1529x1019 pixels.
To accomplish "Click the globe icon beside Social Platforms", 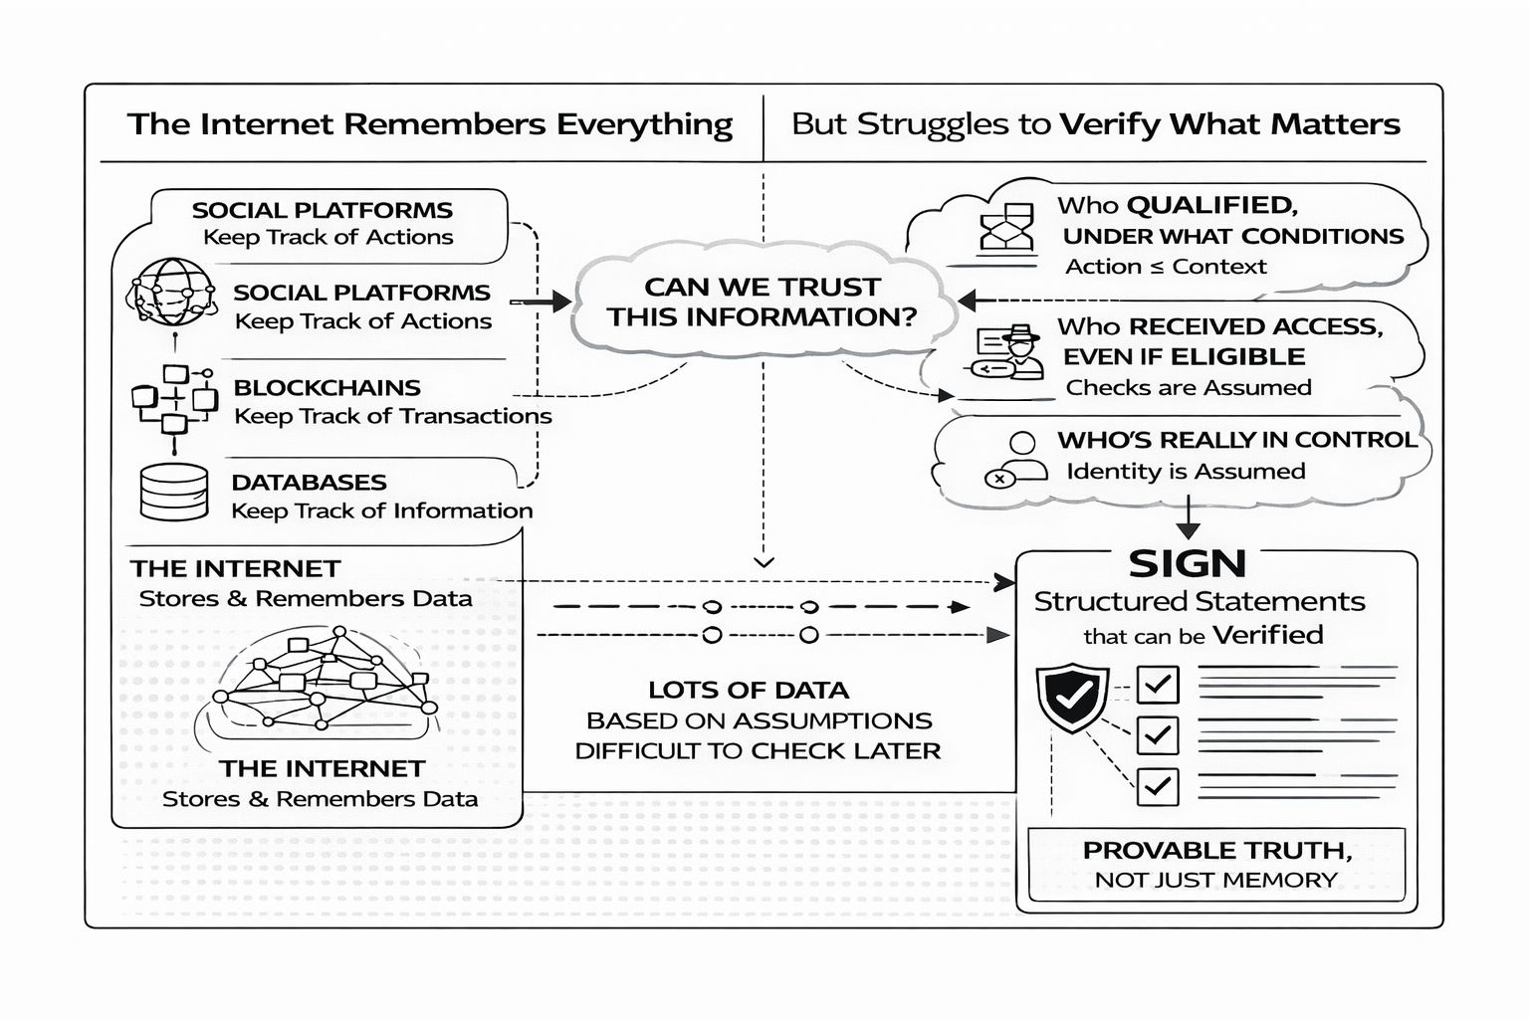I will click(170, 294).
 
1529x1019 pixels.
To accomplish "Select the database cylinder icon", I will click(174, 493).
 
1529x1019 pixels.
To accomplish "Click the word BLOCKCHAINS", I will click(327, 387).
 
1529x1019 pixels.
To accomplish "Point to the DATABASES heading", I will click(309, 483).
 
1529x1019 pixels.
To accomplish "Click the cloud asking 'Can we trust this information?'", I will click(763, 303).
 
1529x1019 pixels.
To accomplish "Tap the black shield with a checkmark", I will click(1072, 699).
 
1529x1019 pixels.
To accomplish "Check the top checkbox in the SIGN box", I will click(1157, 684).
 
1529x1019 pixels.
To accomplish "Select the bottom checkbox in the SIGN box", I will click(1157, 786).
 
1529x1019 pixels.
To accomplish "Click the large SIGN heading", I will click(1187, 564).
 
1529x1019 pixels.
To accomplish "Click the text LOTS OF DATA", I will click(749, 690).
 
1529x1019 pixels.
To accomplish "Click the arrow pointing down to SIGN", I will click(1188, 518).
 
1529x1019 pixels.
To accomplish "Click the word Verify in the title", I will click(1109, 124).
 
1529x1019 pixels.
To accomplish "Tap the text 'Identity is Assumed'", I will click(1186, 471).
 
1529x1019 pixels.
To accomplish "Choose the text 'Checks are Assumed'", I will click(1189, 387).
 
